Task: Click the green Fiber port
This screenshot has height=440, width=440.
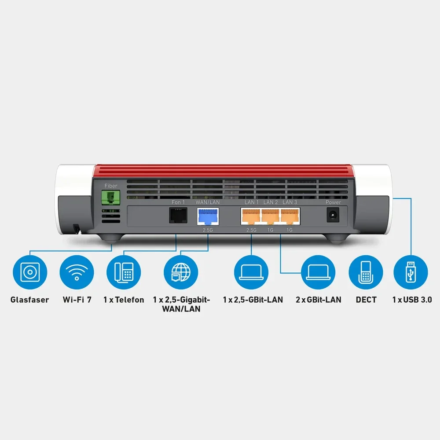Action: pos(110,198)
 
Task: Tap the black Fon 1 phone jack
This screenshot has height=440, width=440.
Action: pos(178,215)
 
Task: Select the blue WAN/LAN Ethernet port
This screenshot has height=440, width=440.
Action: pos(208,216)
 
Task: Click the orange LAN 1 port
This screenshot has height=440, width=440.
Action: pos(251,216)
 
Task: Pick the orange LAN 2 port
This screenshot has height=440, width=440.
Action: pos(270,216)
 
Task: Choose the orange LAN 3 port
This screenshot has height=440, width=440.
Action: pos(290,216)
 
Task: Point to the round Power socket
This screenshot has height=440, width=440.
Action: pos(333,215)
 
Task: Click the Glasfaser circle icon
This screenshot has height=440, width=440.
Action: pos(30,272)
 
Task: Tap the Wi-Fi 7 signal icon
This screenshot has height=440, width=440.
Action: pos(77,272)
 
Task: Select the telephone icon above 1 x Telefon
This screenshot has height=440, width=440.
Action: pos(124,272)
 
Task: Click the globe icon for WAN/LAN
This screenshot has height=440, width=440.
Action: pos(181,272)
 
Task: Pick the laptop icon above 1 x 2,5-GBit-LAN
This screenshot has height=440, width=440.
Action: pos(251,272)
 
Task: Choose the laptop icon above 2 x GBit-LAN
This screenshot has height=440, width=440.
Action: pos(318,272)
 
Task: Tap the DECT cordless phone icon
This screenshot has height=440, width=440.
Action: pos(366,272)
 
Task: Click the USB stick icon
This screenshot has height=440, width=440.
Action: pos(411,272)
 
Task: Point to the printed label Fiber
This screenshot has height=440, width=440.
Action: pos(111,186)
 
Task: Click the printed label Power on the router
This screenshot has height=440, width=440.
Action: pos(334,202)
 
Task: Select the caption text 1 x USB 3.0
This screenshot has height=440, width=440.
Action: pos(412,300)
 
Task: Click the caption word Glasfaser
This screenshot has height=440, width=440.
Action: pos(30,300)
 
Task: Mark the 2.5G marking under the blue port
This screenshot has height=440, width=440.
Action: pos(208,230)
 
